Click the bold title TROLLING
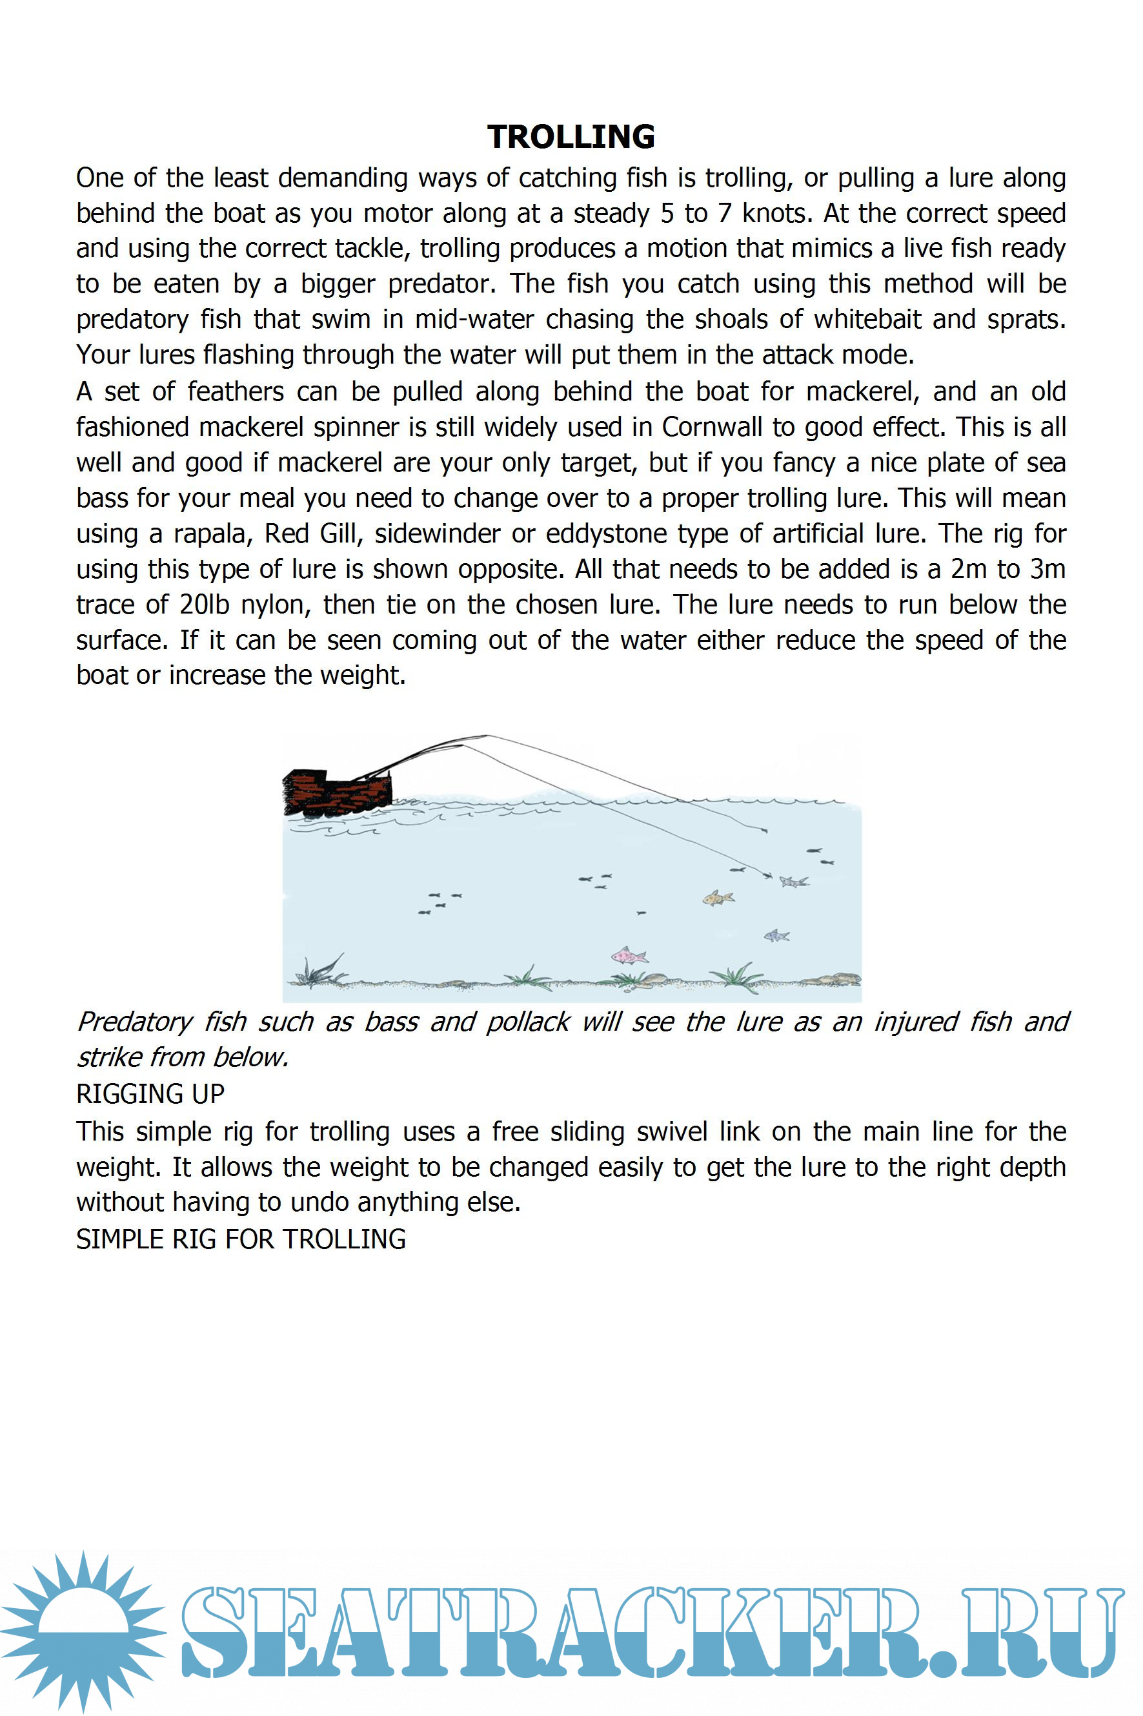click(x=571, y=136)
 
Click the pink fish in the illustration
click(x=629, y=955)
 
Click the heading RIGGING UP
click(x=150, y=1094)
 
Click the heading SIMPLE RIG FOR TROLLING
click(x=241, y=1239)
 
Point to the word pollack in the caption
click(x=528, y=1022)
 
